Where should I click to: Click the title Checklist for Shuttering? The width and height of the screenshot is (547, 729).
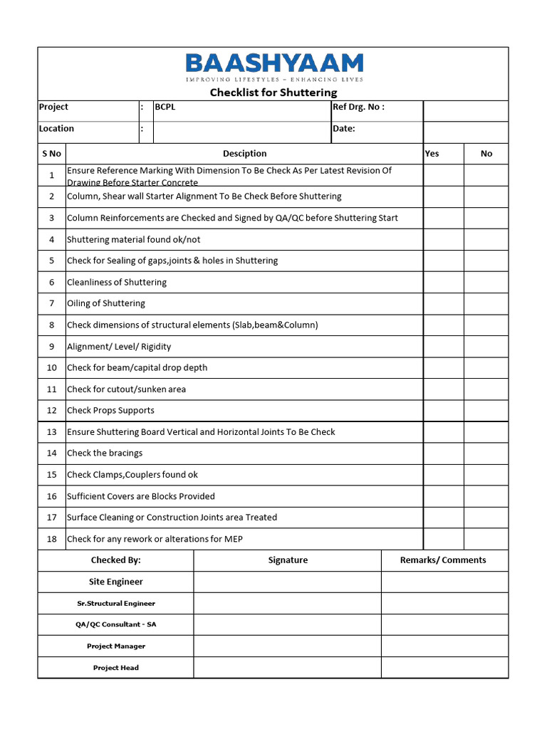pos(273,93)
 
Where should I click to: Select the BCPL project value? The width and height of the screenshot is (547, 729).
pos(165,107)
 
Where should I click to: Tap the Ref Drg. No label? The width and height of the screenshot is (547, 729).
pos(358,107)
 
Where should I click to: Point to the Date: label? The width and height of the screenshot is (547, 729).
pos(343,129)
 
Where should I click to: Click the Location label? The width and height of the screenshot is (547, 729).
pos(56,129)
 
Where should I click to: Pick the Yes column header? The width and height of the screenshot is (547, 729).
pos(432,154)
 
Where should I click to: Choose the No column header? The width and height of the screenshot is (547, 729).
pos(486,154)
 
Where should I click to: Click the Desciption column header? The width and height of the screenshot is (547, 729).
pos(244,154)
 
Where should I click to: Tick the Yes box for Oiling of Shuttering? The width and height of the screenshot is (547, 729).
pos(444,303)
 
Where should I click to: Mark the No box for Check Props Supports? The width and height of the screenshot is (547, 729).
pos(486,411)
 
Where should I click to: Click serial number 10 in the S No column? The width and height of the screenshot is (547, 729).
pos(51,368)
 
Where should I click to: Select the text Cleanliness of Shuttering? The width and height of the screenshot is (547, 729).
pos(117,283)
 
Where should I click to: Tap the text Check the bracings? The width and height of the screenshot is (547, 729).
pos(105,453)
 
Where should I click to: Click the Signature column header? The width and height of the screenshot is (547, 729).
pos(288,560)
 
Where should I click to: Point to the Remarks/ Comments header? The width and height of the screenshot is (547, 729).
pos(443,560)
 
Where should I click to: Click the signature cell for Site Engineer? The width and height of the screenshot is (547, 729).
pos(287,582)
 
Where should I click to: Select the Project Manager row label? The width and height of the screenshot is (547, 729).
pos(115,646)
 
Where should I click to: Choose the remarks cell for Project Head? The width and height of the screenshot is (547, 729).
pos(444,668)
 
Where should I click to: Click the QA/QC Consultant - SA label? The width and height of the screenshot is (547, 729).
pos(115,625)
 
